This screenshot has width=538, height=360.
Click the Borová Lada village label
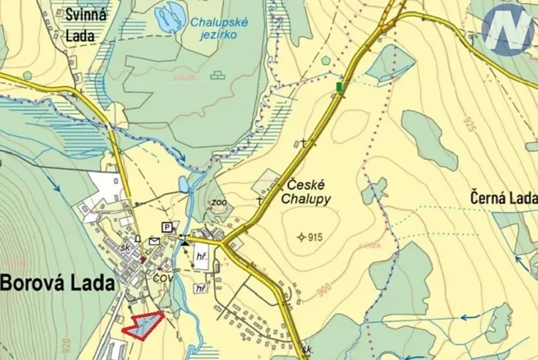coord(58,282)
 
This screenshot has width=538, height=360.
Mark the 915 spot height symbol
coord(301,237)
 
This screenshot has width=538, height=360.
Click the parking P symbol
coord(166,226)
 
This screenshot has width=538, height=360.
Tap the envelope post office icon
coord(154,241)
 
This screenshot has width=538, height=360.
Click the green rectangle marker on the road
coord(339,88)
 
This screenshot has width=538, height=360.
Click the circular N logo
coord(509,28)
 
